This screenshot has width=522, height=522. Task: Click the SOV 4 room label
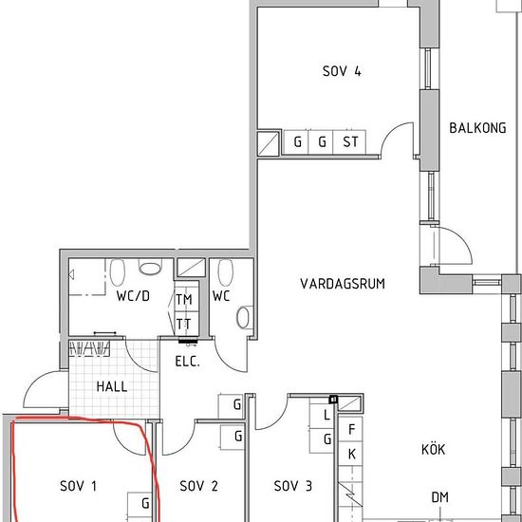coord(342,71)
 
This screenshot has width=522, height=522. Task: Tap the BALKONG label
coord(477,128)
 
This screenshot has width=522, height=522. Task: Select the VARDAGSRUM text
coord(343,284)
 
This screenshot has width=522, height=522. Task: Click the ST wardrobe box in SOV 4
coord(349,142)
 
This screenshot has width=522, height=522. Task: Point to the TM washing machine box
coord(187,298)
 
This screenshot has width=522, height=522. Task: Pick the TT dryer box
coord(187,324)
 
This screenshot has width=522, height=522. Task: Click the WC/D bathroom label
coord(133,295)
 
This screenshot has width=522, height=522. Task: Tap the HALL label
coord(112,386)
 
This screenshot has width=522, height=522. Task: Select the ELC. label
coord(187,362)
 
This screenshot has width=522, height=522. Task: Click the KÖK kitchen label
coord(433,449)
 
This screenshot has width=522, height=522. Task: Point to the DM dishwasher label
coord(439,497)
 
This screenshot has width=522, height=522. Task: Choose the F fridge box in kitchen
coord(350,429)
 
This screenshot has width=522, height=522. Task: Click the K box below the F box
coord(350,454)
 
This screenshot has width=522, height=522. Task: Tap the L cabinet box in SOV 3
coord(322,416)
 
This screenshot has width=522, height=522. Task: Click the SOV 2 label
coord(198,486)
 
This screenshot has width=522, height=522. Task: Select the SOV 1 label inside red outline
coord(78,486)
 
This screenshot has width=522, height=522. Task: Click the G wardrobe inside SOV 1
coord(140,504)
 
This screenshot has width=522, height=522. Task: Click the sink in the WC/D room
coord(150,268)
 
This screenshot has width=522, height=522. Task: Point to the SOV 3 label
coord(293,486)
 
